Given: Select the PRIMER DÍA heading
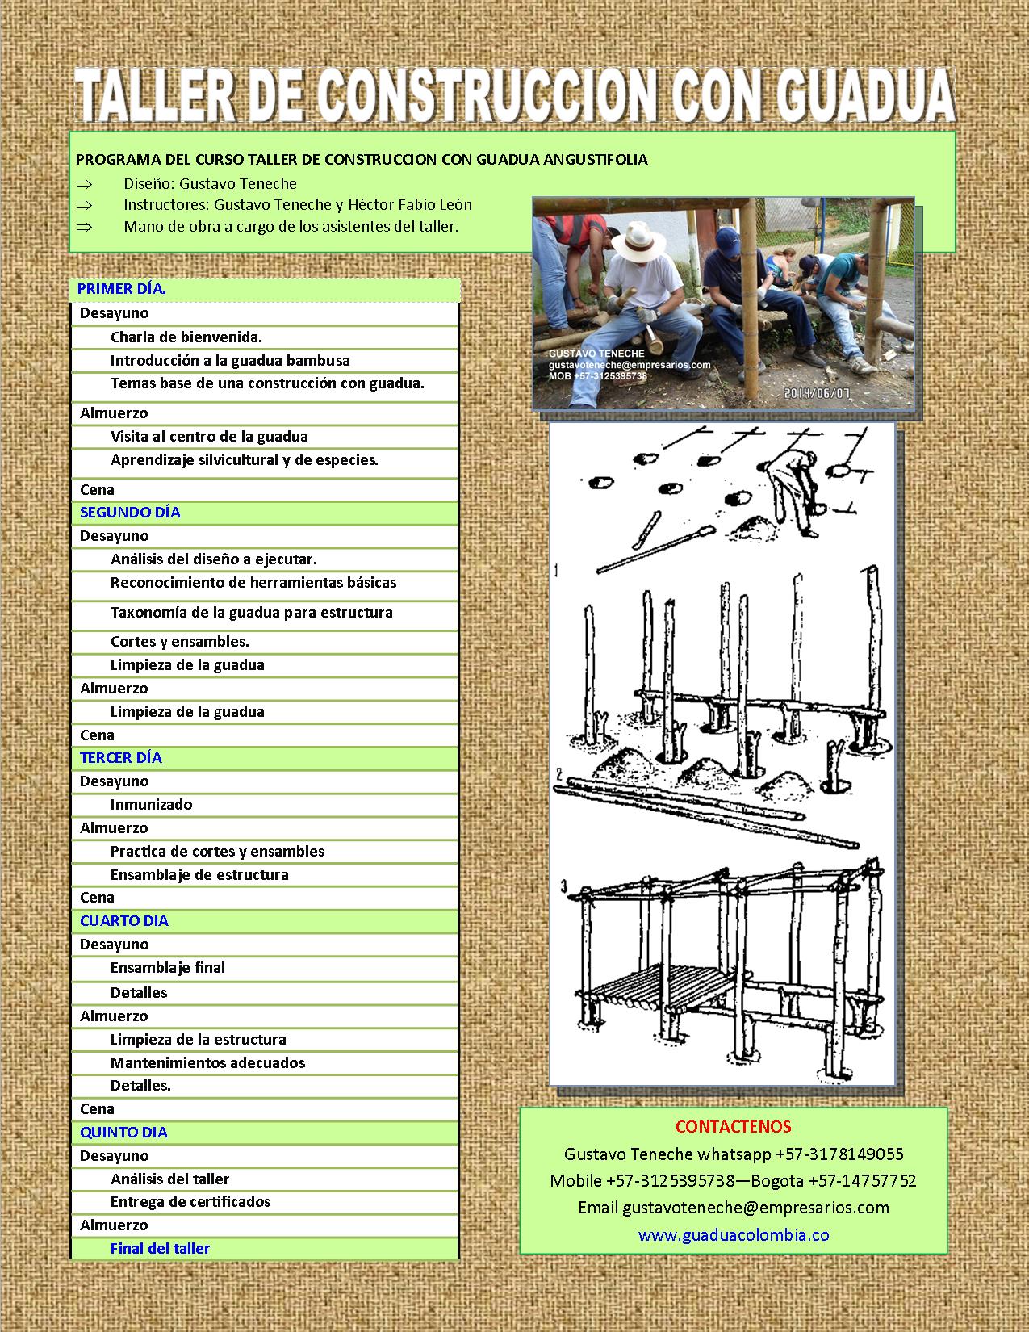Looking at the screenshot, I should click(122, 289).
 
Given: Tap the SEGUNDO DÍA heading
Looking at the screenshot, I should click(130, 513).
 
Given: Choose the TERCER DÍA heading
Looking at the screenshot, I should click(121, 758).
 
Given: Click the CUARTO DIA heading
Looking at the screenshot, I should click(124, 921).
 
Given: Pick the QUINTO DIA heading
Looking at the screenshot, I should click(123, 1133).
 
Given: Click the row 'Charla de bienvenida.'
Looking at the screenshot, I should click(186, 337).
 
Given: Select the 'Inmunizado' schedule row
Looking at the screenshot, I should click(152, 805).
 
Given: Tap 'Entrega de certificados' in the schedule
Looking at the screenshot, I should click(190, 1202).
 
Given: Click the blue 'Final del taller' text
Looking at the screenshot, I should click(160, 1249).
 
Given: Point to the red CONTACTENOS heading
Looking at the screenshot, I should click(733, 1127).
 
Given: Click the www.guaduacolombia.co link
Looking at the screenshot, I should click(734, 1235).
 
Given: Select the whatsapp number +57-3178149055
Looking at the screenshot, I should click(839, 1154).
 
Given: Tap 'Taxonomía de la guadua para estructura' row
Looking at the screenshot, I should click(252, 613).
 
